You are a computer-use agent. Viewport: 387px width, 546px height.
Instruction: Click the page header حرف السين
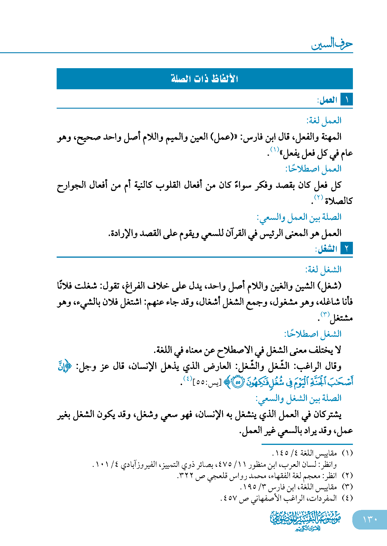point(332,44)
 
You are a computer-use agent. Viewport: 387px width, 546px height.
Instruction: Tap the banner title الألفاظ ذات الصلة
point(204,79)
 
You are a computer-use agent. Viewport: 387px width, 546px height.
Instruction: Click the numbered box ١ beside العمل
point(347,100)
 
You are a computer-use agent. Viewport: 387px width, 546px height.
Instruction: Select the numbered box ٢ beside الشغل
point(347,248)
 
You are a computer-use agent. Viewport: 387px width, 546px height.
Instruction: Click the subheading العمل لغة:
point(324,120)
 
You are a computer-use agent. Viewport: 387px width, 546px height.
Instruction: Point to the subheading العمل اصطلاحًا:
point(313,168)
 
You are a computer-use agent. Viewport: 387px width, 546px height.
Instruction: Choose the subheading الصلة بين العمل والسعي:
point(299,217)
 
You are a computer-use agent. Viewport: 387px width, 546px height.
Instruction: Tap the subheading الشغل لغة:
point(323,270)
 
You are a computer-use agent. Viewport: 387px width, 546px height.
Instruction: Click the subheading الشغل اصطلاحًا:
point(313,334)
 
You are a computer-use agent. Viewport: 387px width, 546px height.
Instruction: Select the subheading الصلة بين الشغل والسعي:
point(298,398)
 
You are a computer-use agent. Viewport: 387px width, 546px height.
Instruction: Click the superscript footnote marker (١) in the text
point(274,149)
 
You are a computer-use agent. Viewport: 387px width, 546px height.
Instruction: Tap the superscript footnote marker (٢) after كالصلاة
point(318,198)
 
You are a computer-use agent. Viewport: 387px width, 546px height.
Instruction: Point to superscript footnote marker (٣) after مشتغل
point(325,314)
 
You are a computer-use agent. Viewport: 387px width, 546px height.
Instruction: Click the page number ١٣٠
point(370,519)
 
